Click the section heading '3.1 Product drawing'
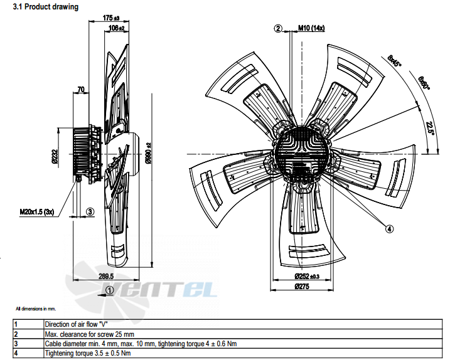click(46, 7)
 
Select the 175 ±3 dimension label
click(111, 18)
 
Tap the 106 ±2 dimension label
click(117, 28)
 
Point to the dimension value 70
click(81, 90)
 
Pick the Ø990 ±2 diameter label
click(148, 153)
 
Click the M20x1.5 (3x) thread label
click(37, 212)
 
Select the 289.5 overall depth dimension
click(106, 276)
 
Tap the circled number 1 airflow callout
click(110, 290)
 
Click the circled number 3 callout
click(90, 212)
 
